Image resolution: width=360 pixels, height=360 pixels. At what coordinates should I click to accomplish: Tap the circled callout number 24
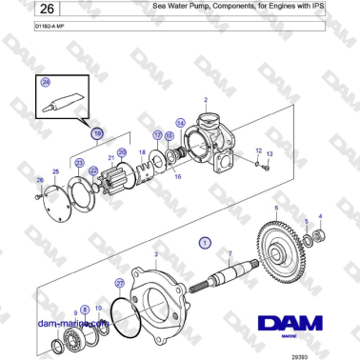pyautogui.click(x=45, y=84)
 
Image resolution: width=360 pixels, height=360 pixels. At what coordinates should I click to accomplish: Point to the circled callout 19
pyautogui.click(x=97, y=134)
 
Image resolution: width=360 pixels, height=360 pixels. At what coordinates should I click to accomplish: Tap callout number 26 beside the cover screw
pyautogui.click(x=39, y=179)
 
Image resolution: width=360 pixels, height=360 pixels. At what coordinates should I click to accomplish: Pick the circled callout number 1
pyautogui.click(x=203, y=244)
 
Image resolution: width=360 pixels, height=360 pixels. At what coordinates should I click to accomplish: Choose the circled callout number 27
pyautogui.click(x=119, y=284)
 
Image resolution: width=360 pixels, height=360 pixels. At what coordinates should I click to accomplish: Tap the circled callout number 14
pyautogui.click(x=180, y=123)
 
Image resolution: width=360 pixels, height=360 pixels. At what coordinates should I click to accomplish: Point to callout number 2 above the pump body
pyautogui.click(x=205, y=100)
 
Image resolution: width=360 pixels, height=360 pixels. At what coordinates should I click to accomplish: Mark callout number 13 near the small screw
pyautogui.click(x=270, y=153)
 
